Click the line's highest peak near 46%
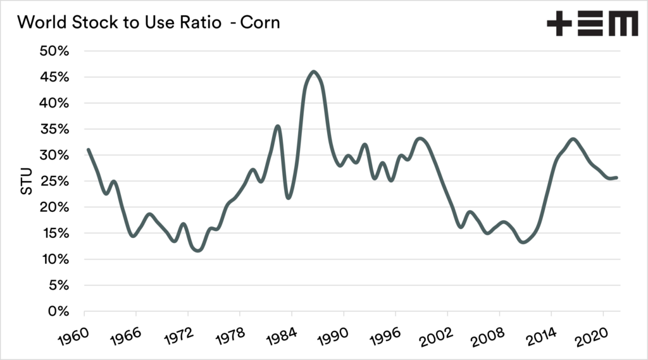click(x=314, y=71)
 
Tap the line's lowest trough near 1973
click(x=199, y=251)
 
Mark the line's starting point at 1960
click(x=88, y=149)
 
